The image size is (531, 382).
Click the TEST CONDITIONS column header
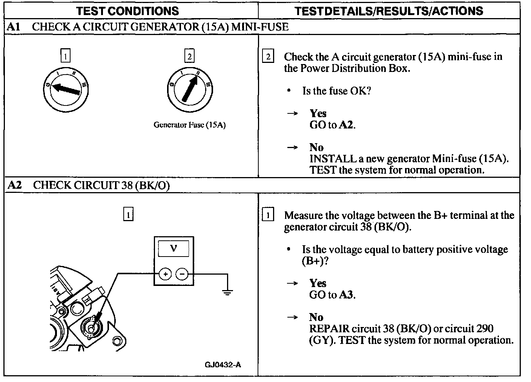point(127,11)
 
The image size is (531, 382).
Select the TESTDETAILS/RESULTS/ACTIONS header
point(389,11)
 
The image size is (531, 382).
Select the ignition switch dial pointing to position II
point(190,89)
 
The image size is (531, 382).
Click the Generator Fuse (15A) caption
point(189,125)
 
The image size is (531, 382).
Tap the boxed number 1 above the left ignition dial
point(66,57)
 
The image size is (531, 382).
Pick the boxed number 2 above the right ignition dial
point(189,57)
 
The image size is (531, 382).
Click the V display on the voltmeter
point(173,248)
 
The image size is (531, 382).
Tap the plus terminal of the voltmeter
point(165,274)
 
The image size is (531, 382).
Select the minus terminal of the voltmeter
point(182,274)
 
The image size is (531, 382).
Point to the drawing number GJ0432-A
point(223,365)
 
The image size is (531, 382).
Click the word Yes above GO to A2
point(318,113)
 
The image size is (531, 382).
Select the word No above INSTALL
point(316,147)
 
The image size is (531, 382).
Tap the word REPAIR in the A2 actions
point(327,329)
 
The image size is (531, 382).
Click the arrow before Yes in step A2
point(293,283)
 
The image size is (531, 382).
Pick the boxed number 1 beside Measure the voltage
point(268,215)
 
